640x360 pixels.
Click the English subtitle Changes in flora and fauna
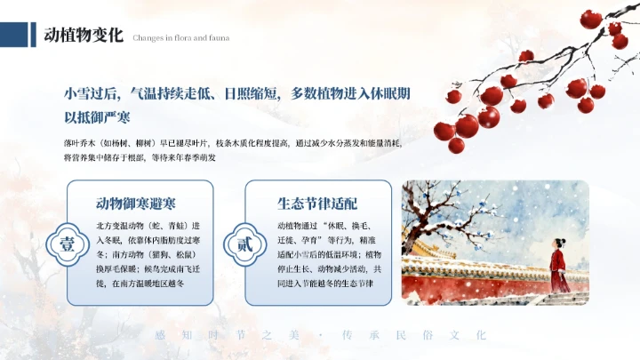181,38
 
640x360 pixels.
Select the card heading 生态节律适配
317,203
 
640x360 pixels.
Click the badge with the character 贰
246,244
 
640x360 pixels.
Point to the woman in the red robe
558,260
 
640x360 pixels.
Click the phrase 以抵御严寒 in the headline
97,117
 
